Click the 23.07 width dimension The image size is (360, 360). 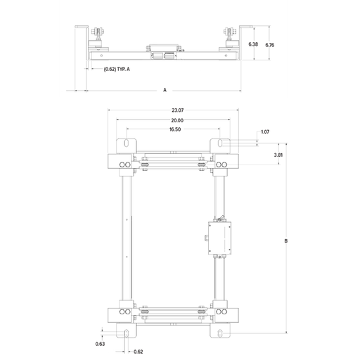coord(177,110)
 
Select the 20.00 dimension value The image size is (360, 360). coord(177,120)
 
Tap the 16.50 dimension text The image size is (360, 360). coord(175,129)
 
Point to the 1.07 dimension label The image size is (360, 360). coord(265,132)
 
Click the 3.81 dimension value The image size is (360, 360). coord(278,155)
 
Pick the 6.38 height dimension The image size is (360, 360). coord(253,44)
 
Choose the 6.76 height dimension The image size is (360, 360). coord(270,45)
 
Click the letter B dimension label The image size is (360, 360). coord(286,241)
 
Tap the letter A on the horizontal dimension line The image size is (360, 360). coord(165,90)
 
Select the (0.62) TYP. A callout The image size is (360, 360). coord(117,69)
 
